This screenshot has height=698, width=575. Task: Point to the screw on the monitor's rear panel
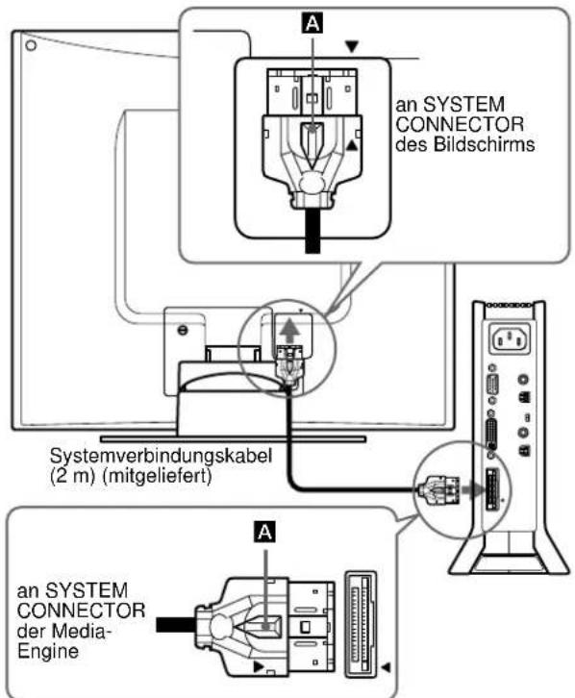(x=184, y=328)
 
